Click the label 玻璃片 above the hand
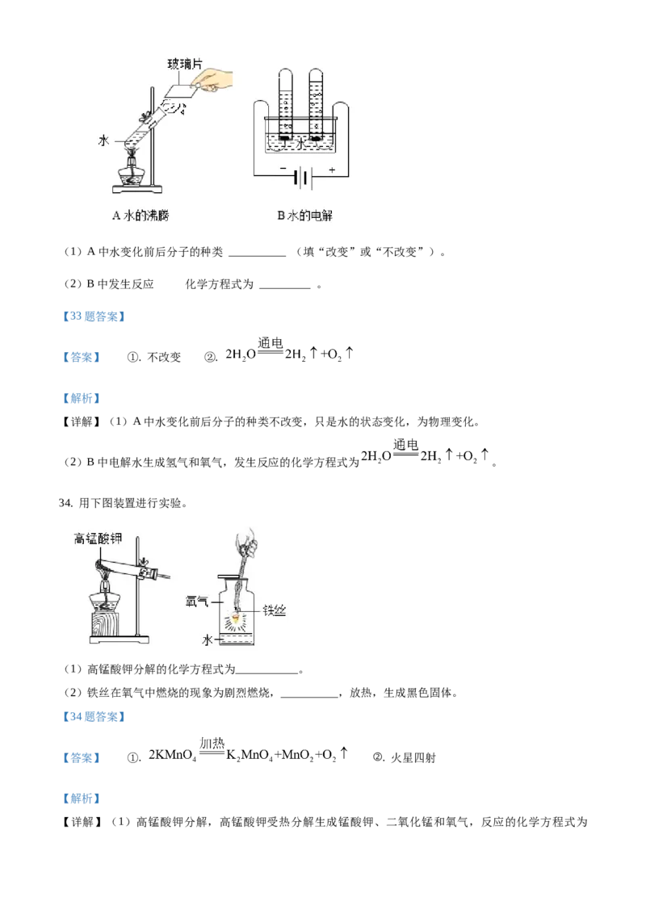click(x=185, y=64)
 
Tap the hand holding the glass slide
click(x=214, y=81)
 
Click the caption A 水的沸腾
click(x=141, y=216)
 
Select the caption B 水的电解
click(x=304, y=216)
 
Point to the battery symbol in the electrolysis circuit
click(x=302, y=176)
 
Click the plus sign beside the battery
click(x=333, y=170)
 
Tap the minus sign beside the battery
click(x=283, y=169)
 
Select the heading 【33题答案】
click(x=94, y=317)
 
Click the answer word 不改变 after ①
click(x=164, y=358)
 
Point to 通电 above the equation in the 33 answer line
click(x=270, y=342)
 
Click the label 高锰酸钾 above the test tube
click(x=98, y=539)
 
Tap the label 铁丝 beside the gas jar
click(x=274, y=610)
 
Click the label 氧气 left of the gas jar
click(x=196, y=602)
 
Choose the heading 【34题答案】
click(x=94, y=717)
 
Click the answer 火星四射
click(x=413, y=758)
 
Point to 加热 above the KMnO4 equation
click(x=212, y=743)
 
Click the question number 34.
click(x=65, y=503)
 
